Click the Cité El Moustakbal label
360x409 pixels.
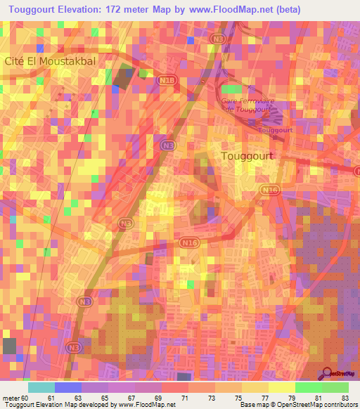click(50, 61)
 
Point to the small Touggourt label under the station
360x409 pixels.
click(275, 130)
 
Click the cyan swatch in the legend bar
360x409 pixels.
click(41, 387)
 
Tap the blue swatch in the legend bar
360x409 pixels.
click(68, 387)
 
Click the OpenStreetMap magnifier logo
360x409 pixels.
click(328, 375)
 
